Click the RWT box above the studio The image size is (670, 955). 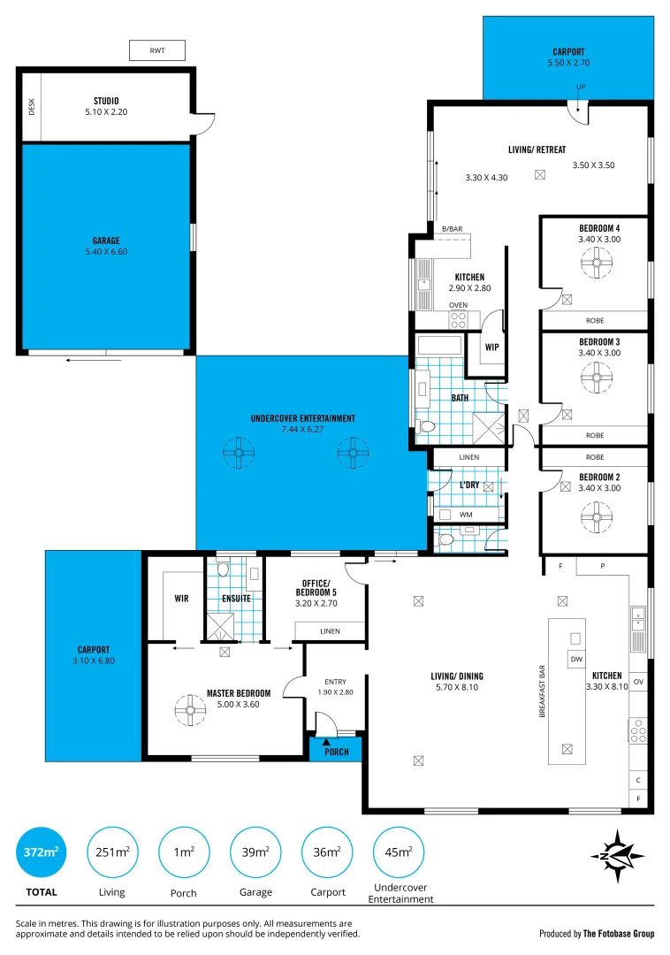coord(157,51)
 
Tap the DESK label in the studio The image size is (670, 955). coord(32,107)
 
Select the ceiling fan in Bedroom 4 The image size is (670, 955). coord(597,261)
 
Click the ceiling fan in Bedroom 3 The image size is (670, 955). coord(597,380)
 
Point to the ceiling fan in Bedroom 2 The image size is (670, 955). coord(597,515)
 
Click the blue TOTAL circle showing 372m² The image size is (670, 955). coord(42,852)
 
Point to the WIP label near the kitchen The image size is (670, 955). coord(491,348)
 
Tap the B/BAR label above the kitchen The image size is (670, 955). coord(452,230)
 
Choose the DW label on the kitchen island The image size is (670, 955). coord(575,659)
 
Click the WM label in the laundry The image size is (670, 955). coord(466,515)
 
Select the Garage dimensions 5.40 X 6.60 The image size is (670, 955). coord(106,252)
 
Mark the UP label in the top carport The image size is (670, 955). coord(581,87)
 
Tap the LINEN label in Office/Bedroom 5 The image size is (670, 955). coord(329,631)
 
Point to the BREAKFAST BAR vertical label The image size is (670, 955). coord(543,691)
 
